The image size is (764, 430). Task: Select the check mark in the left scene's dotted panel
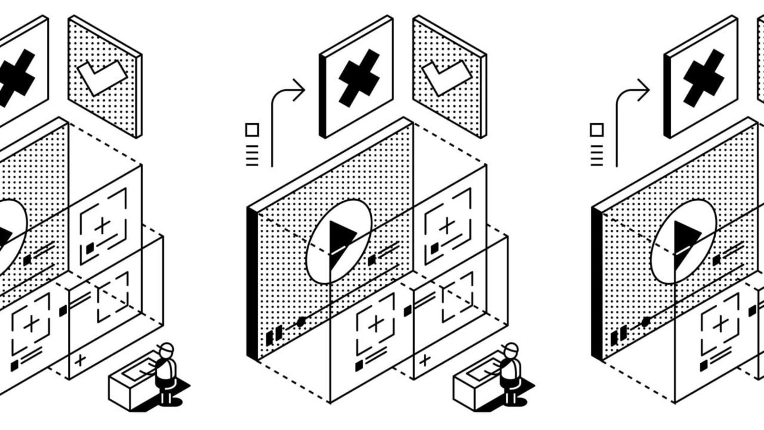[x=102, y=76]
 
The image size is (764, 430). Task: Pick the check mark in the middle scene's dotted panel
[x=447, y=76]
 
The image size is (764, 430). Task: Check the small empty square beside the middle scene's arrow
[x=252, y=129]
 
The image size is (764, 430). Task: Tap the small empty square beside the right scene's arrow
[x=597, y=129]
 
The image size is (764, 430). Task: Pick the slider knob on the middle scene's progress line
[x=301, y=321]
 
